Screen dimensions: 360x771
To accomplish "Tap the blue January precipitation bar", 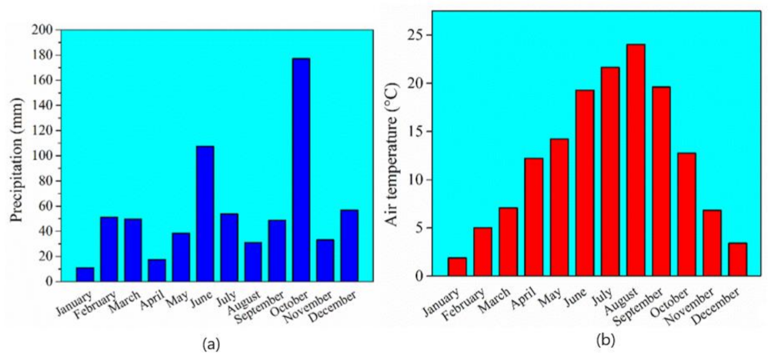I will [85, 274].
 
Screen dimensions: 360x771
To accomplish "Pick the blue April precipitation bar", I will [157, 270].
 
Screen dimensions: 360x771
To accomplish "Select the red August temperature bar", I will [636, 160].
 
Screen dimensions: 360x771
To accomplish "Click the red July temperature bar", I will [610, 172].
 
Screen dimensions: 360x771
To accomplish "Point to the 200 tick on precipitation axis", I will [43, 30].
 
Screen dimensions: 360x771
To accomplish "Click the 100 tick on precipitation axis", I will [43, 156].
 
